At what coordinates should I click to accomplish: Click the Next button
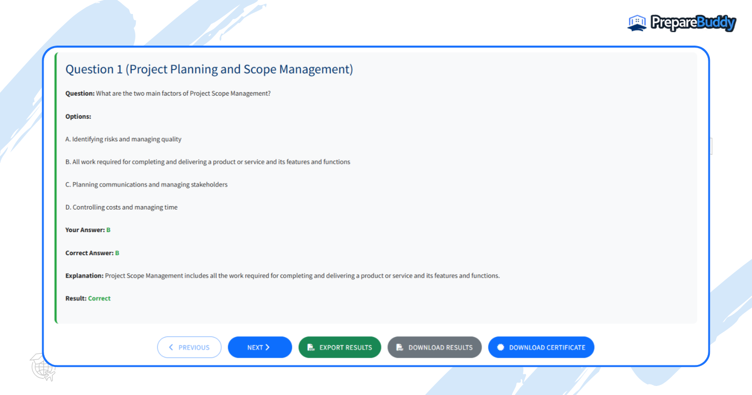point(260,347)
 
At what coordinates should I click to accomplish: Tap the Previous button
point(189,347)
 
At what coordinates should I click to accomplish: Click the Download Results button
point(434,347)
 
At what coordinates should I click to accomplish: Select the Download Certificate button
point(541,347)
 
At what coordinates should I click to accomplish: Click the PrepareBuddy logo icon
point(637,23)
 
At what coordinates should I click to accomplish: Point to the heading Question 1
point(209,69)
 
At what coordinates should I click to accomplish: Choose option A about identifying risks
point(123,139)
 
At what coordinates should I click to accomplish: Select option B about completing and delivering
point(208,162)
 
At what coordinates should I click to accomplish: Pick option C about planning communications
point(146,184)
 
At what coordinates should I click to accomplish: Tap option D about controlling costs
point(121,207)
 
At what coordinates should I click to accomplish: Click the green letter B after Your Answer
point(108,230)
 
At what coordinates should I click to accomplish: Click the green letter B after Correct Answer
point(117,253)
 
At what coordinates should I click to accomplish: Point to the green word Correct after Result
point(99,298)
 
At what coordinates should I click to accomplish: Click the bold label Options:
point(78,117)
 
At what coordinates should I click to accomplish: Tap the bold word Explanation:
point(84,276)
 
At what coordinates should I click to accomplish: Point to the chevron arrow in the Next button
point(268,347)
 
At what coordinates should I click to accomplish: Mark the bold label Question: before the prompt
point(80,94)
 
